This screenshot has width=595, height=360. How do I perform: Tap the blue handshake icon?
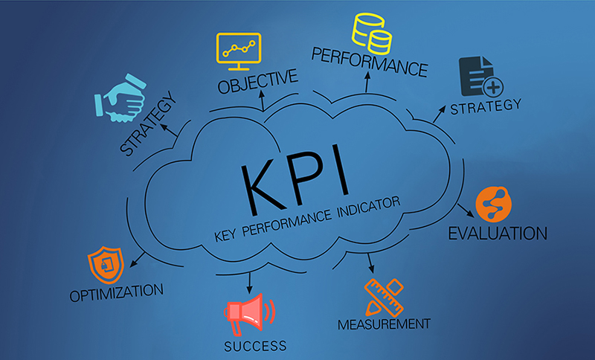coord(120,98)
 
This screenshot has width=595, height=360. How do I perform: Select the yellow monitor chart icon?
coord(239,51)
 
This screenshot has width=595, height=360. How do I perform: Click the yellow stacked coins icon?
coord(372,33)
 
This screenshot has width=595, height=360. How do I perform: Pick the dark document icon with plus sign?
coord(480,77)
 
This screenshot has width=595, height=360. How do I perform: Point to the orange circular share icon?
coord(493,204)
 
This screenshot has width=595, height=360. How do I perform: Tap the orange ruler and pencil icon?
coord(384,298)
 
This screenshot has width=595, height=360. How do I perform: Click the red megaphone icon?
coord(249,315)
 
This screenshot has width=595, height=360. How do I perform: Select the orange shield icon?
coord(106,265)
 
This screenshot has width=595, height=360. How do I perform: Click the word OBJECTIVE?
coord(257,81)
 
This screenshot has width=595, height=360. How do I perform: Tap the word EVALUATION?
coord(498,234)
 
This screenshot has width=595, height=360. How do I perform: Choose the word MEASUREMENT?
coord(384,324)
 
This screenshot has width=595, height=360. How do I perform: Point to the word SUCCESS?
coord(255,346)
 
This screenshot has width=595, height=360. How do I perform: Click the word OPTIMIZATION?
coord(117,292)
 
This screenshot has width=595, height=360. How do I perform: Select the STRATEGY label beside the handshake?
coord(148,123)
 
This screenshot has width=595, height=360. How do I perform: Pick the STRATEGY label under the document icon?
coord(486,106)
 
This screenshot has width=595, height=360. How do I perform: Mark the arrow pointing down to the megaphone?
coord(249,283)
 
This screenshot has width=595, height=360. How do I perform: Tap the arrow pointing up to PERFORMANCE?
coord(367,82)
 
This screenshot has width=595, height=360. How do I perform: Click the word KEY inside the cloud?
coord(225,236)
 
